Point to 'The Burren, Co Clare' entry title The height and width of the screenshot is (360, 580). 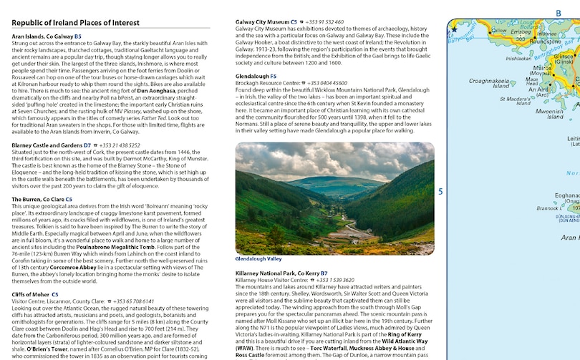point(39,199)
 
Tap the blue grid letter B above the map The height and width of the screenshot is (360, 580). point(559,13)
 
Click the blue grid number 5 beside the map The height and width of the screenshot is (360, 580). point(441,191)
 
